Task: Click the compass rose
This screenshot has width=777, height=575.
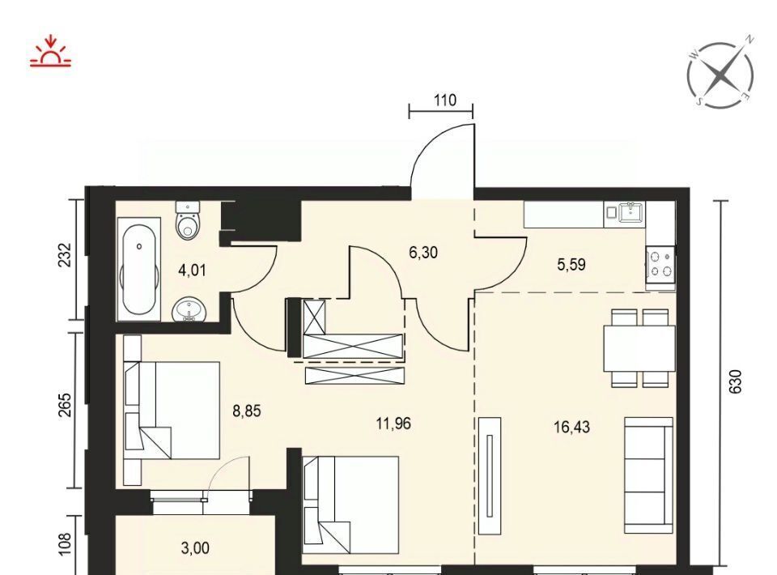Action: pyautogui.click(x=721, y=75)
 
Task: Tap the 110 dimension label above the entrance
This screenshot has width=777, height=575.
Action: pyautogui.click(x=444, y=100)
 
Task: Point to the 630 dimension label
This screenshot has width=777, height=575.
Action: pyautogui.click(x=736, y=381)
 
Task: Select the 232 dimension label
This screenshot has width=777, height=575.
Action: pyautogui.click(x=65, y=255)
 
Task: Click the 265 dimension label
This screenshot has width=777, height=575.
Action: pyautogui.click(x=65, y=406)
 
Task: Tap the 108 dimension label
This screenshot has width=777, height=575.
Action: pyautogui.click(x=65, y=544)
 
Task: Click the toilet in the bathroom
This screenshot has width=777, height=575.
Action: pyautogui.click(x=187, y=220)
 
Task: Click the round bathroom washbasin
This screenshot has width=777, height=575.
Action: pyautogui.click(x=189, y=310)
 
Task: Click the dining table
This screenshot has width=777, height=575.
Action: pyautogui.click(x=639, y=348)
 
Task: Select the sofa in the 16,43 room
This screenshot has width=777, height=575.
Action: pyautogui.click(x=648, y=475)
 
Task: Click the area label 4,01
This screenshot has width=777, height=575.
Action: pyautogui.click(x=193, y=270)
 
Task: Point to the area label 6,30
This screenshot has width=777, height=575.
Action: pyautogui.click(x=423, y=253)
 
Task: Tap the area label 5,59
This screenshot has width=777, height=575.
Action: pyautogui.click(x=571, y=265)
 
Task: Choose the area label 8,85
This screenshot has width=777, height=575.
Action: pyautogui.click(x=247, y=411)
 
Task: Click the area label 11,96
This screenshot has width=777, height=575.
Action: pyautogui.click(x=393, y=424)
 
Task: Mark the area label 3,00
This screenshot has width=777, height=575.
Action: pyautogui.click(x=195, y=548)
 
